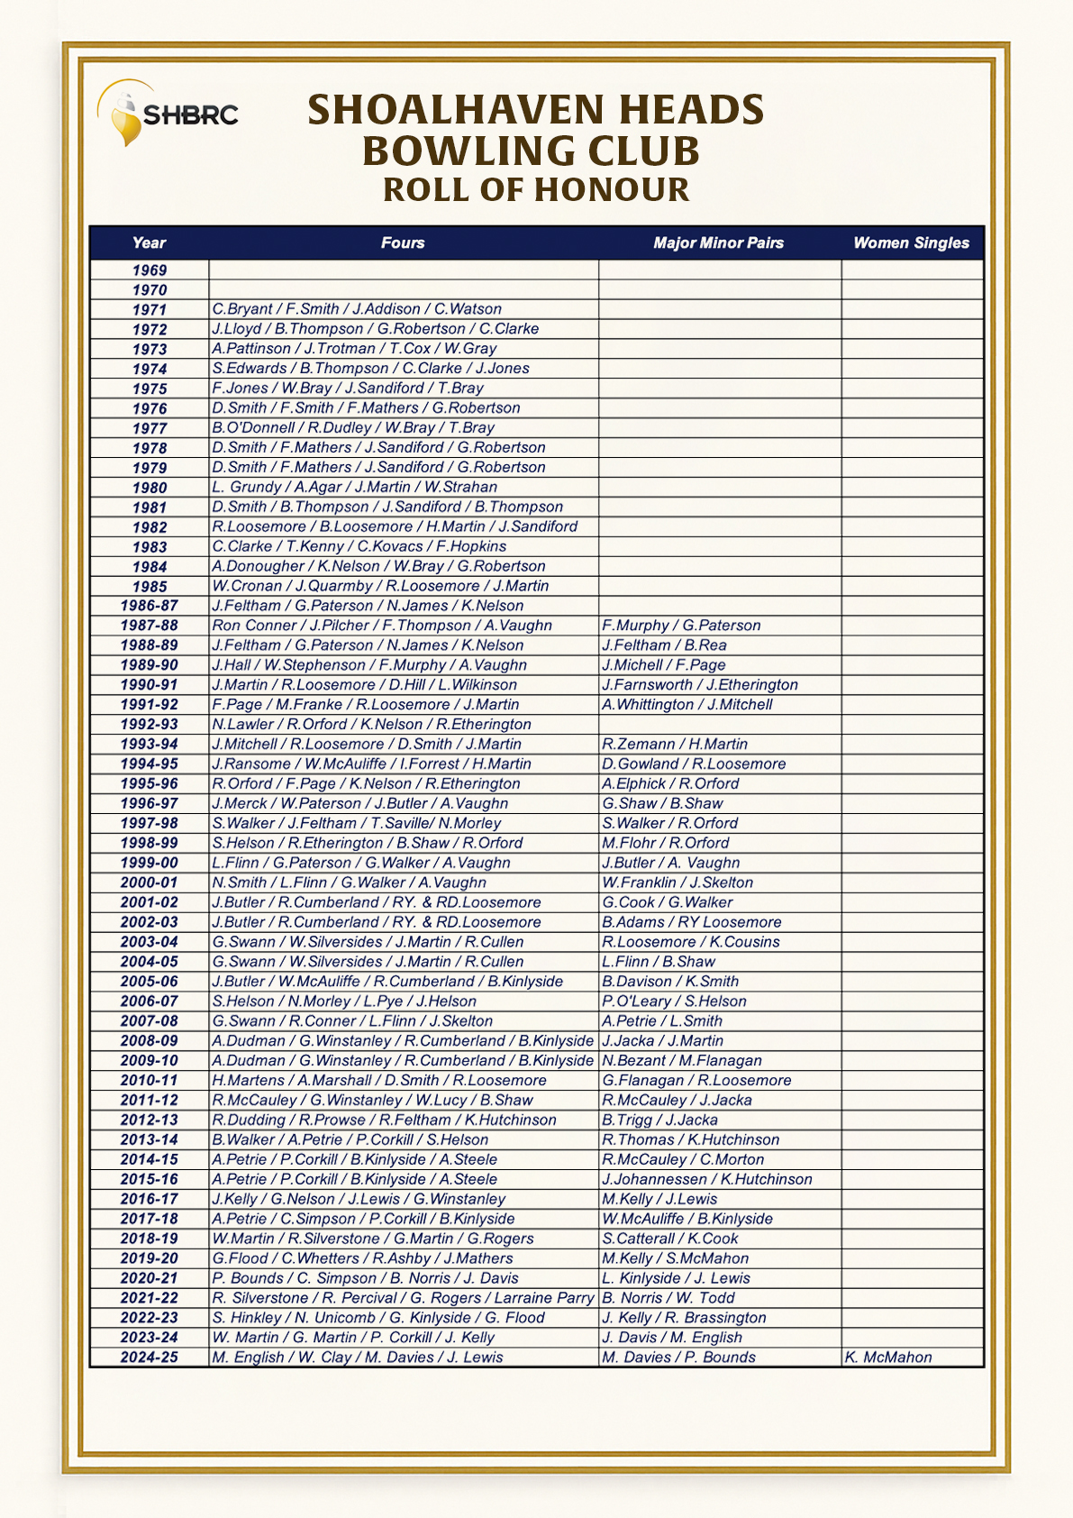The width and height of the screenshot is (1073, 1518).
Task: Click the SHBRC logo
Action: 168,114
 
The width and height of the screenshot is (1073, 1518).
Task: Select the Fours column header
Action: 403,242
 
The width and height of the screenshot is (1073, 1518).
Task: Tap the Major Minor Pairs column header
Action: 718,242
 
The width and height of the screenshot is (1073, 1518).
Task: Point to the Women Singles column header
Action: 911,242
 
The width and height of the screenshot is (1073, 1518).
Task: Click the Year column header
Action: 149,242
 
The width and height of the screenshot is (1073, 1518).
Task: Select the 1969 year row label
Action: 150,270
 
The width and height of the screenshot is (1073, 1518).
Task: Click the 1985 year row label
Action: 150,587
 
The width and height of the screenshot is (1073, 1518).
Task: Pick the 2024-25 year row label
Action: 150,1358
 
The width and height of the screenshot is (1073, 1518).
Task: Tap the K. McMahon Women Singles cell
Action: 888,1358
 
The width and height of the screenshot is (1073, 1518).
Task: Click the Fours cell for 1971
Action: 357,309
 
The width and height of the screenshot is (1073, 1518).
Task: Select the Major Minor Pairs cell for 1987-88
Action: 681,626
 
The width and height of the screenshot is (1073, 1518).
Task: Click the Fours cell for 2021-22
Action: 403,1298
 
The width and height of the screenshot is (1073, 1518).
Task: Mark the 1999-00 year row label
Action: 150,863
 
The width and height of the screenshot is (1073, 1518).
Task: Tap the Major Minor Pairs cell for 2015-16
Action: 706,1179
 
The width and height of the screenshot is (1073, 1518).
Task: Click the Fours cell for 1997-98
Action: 357,823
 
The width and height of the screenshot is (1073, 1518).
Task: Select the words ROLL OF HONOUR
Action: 536,190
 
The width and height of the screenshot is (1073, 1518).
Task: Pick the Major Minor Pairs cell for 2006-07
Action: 674,1001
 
